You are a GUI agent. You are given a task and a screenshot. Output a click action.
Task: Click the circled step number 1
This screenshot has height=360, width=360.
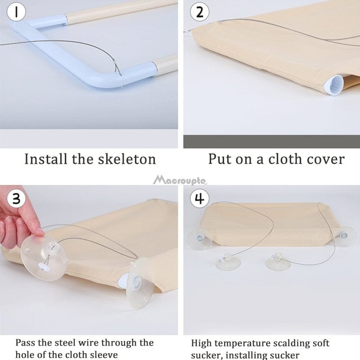tap(16, 12)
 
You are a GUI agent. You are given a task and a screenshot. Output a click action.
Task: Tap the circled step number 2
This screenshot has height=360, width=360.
tap(199, 12)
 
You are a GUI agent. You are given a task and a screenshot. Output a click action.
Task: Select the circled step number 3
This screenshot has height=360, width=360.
tap(16, 198)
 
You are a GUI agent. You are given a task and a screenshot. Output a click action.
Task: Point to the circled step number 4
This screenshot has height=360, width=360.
tap(199, 198)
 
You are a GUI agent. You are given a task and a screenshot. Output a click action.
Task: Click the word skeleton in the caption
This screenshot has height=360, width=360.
tap(127, 159)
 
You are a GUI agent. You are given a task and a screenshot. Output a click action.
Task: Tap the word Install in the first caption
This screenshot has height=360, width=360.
tap(46, 159)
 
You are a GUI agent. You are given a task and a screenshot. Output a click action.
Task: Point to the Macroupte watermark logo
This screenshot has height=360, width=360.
tap(180, 180)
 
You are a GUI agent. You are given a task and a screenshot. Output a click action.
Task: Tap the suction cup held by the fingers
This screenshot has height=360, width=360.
tap(44, 257)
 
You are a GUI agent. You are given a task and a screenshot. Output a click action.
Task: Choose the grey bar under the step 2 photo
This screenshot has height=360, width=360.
tap(272, 141)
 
